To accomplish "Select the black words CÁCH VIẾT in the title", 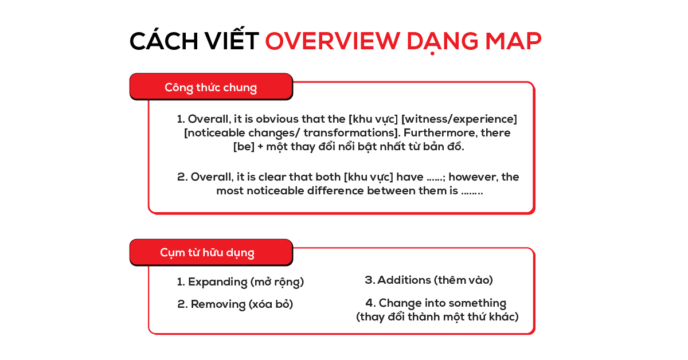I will point(194,42).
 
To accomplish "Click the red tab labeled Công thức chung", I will point(211,87).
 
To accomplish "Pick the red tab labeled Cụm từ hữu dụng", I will point(208,253).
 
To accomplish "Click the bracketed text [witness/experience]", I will point(459,119).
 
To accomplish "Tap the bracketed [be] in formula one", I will point(244,147).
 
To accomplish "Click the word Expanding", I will point(217,282).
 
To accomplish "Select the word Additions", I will point(404,280).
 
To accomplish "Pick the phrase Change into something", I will point(442,303).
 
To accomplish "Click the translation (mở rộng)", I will point(277,282).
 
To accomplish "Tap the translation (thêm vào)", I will point(463,280).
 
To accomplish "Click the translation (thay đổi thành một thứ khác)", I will point(437,316).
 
